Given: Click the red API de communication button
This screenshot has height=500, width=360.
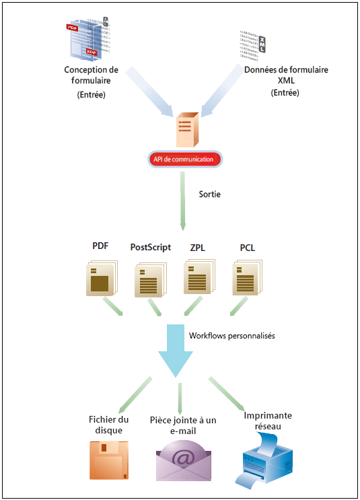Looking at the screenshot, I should click(183, 159).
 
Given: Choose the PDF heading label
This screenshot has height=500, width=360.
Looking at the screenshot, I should click(100, 246).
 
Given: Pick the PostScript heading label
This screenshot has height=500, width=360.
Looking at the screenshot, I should click(151, 248).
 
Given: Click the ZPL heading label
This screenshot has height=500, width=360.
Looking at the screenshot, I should click(198, 247).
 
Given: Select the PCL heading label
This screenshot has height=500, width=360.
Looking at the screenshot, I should click(247, 247).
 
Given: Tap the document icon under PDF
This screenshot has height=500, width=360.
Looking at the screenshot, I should click(101, 279).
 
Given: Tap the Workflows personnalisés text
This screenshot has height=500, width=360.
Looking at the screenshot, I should click(232, 334).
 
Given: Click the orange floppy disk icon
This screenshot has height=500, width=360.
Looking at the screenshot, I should click(108, 459).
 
